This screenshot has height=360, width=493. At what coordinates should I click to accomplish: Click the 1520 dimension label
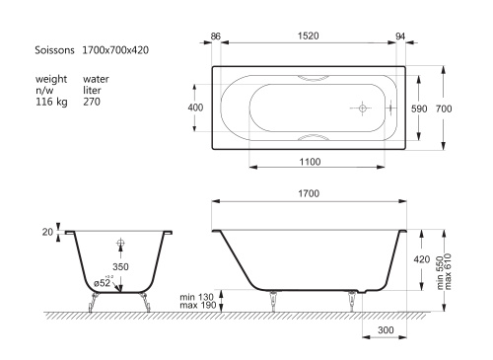pos(309,36)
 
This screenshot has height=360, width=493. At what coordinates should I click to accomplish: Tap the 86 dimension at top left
pos(215,36)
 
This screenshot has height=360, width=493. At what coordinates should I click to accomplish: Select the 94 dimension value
pos(400,36)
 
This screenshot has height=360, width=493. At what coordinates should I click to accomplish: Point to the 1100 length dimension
pos(310,162)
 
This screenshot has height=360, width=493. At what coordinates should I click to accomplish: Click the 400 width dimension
pos(195,108)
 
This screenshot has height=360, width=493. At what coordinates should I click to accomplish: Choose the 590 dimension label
pos(419,108)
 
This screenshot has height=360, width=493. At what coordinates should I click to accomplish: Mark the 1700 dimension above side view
pos(309,193)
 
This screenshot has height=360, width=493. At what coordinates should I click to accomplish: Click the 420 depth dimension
pos(422,259)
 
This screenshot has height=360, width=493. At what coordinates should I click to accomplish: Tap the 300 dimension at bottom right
pos(386,329)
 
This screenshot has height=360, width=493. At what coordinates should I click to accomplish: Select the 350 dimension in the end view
pos(120,266)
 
